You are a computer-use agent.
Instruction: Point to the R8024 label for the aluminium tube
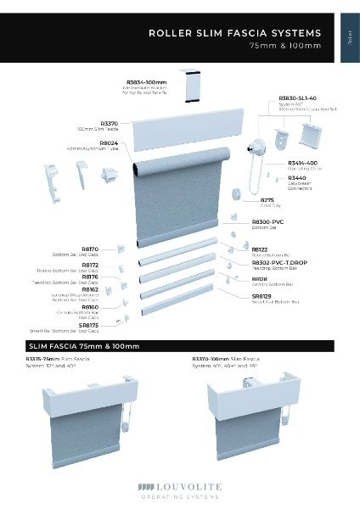point(109,143)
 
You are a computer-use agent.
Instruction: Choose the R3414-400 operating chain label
point(303,162)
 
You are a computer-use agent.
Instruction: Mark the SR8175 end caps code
point(88,325)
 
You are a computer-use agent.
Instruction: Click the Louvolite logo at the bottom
point(180,489)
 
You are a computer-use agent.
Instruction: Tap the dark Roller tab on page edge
point(350,37)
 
